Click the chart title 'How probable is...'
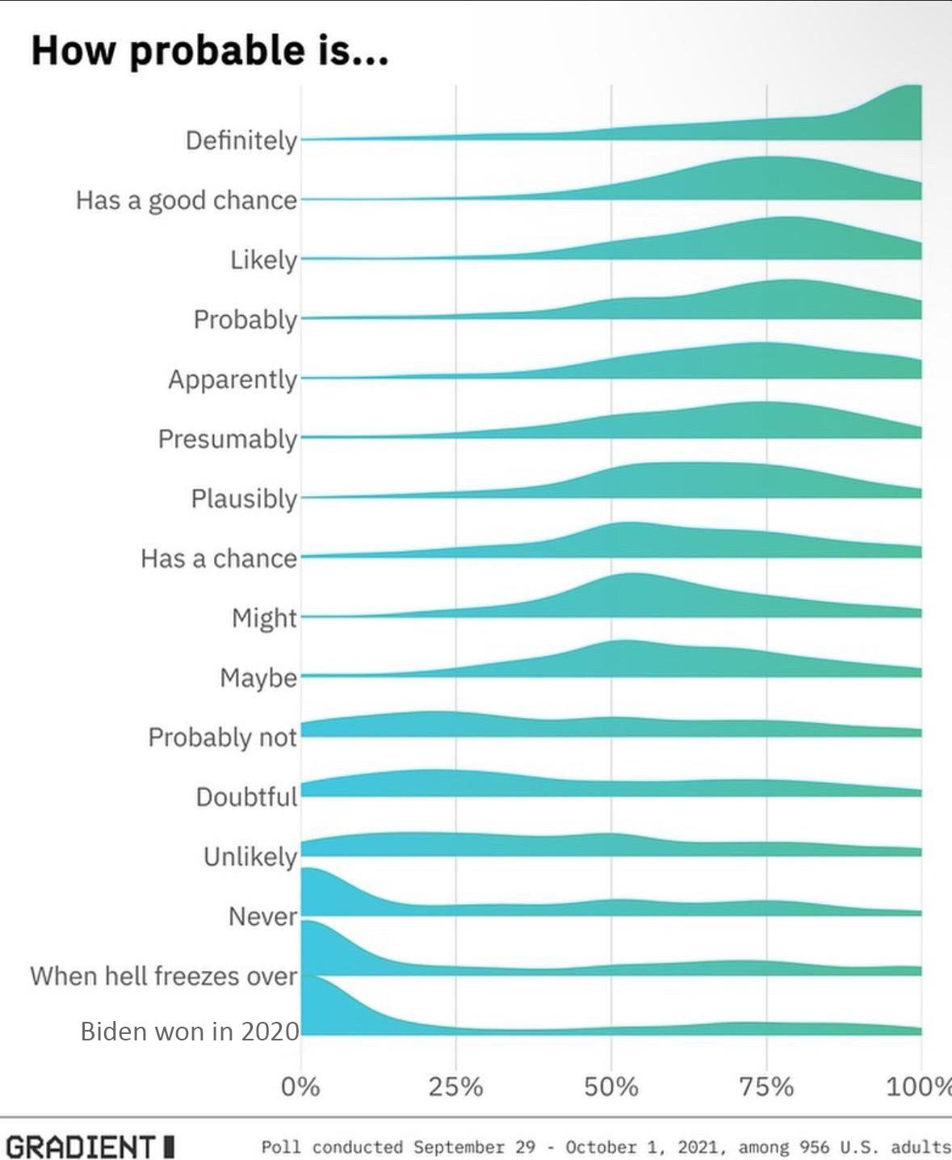tap(210, 50)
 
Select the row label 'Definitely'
tap(241, 141)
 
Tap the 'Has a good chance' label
tap(187, 200)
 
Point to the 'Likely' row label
tap(263, 259)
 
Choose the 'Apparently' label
tap(233, 379)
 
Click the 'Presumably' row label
tap(228, 439)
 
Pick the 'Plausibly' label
tap(244, 498)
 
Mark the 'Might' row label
tap(264, 618)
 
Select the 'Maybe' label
tap(258, 677)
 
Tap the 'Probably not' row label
tap(223, 737)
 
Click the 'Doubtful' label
tap(246, 796)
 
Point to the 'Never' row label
tap(262, 916)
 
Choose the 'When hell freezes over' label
tap(164, 976)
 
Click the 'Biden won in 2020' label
tap(190, 1032)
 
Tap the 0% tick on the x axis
tap(300, 1086)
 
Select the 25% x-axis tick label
tap(455, 1086)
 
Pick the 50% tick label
tap(611, 1086)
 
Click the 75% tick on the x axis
tap(766, 1086)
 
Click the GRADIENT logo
tap(90, 1145)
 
